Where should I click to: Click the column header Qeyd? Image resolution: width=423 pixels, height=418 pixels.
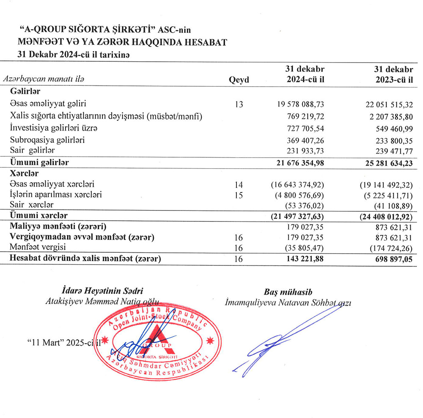[239, 80]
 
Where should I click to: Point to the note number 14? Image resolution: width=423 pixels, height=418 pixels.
[239, 185]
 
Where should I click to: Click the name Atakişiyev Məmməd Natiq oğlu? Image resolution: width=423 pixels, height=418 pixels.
[102, 302]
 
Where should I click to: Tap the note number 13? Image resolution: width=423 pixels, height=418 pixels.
[239, 104]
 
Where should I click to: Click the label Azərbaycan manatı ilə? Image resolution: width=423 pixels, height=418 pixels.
[44, 79]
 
